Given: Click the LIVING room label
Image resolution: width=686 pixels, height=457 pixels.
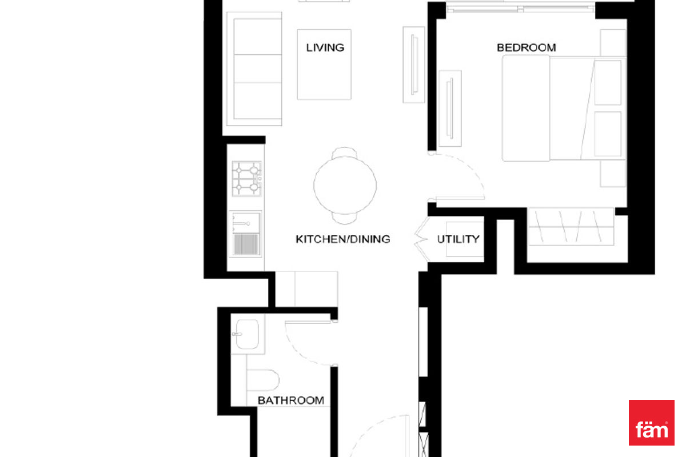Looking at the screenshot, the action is click(325, 47).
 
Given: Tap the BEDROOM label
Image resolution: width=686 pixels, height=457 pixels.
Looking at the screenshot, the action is click(526, 47).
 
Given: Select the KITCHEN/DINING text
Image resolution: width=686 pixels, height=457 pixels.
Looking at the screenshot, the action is click(342, 239).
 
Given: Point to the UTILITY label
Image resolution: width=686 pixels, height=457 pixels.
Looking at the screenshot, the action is click(458, 239).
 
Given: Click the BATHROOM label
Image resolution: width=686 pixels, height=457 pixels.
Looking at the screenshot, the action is click(290, 400).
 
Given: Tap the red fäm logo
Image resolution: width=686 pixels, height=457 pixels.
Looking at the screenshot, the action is click(651, 422).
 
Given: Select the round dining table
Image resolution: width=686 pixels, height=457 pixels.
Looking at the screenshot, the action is click(345, 185).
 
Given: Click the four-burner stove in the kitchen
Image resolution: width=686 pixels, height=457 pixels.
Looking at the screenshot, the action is click(246, 179).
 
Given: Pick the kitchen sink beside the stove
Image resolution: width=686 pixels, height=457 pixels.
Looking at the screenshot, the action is click(246, 234).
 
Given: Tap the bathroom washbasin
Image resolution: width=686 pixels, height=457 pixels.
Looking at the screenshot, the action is click(247, 334).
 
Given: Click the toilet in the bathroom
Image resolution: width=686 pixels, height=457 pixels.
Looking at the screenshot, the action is click(262, 380).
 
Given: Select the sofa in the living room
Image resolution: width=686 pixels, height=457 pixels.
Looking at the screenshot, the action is click(254, 69).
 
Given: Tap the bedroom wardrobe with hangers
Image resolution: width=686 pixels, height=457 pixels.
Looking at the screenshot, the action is click(571, 227).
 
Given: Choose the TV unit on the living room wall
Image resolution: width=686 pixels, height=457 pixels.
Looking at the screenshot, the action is click(414, 65).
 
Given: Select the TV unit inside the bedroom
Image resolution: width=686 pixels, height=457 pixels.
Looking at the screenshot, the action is click(450, 109).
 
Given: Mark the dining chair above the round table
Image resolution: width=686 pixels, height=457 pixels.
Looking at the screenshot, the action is click(345, 153).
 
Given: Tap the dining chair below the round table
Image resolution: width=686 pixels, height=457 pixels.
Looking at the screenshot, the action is click(345, 218).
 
